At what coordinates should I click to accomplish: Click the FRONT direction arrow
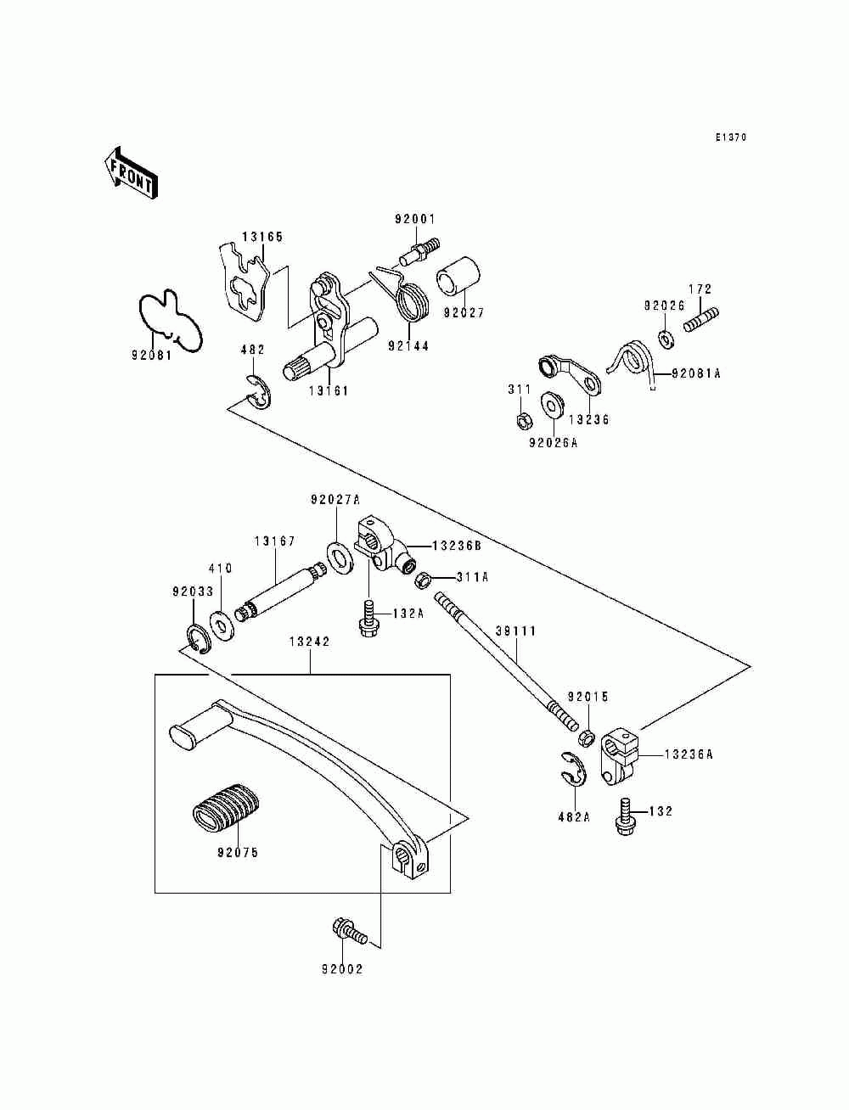coord(131,172)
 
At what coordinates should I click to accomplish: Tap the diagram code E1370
coord(730,137)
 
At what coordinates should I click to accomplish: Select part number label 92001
coord(415,220)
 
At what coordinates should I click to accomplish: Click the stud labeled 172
coord(701,321)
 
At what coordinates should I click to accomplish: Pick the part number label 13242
coord(310,642)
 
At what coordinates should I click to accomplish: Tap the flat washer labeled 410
coord(222,626)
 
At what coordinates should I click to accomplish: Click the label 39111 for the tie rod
coord(516,631)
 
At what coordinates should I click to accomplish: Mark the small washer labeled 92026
coord(666,339)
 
